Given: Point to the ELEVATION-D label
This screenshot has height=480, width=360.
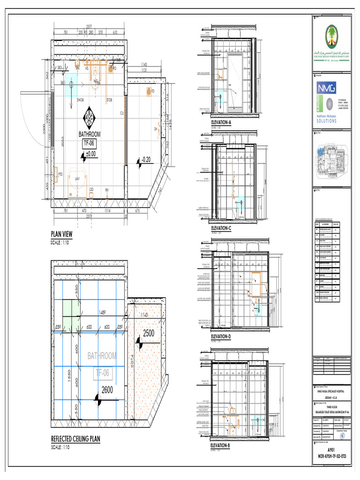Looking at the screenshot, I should click(221, 337).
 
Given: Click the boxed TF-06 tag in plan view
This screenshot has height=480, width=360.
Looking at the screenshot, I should click(89, 144).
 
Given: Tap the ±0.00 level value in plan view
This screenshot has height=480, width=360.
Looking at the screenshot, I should click(90, 154).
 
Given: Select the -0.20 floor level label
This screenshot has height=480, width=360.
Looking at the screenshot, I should click(146, 160).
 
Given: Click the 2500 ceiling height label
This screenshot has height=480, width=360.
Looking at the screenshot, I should click(149, 333).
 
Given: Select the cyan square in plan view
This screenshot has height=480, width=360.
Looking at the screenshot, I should click(71, 85).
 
